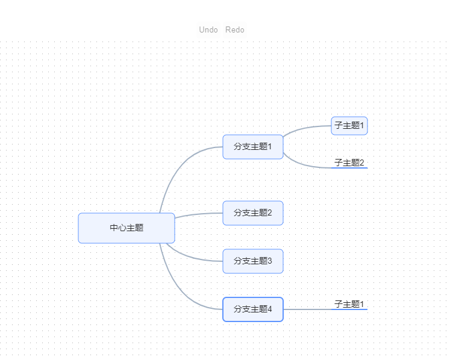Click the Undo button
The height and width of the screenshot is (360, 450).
tap(208, 29)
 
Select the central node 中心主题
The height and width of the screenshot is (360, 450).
tap(127, 228)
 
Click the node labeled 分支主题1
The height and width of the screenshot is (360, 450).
tap(253, 146)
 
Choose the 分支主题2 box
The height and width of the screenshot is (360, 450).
tap(253, 213)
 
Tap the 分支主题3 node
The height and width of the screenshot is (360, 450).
tap(253, 261)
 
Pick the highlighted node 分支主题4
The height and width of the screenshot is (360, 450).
tap(253, 309)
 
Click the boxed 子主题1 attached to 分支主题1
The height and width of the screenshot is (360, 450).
tap(349, 126)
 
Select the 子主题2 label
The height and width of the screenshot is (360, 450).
tap(349, 163)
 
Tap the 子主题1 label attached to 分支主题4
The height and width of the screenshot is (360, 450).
tap(349, 304)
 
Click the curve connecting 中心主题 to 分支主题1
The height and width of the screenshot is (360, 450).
tap(175, 172)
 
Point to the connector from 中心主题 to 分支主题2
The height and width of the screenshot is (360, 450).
tap(199, 214)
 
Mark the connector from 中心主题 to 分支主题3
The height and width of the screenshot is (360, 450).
tap(193, 258)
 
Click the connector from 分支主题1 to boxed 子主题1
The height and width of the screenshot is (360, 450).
tap(304, 128)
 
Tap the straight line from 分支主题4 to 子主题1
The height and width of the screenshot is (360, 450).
tap(307, 309)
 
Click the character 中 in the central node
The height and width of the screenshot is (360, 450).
tap(113, 228)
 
